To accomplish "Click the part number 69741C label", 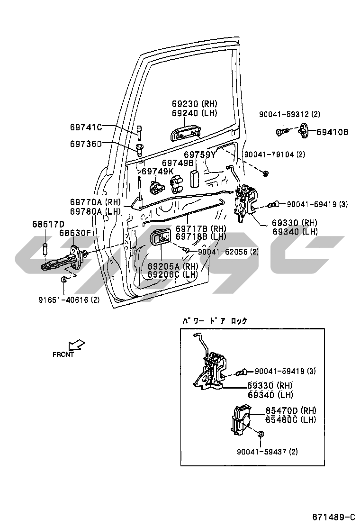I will (86, 127).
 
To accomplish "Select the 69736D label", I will (86, 143).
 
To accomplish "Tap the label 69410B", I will (332, 132).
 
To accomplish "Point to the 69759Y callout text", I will (200, 154).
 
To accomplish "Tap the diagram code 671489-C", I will (333, 516).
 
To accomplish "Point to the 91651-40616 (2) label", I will (69, 300).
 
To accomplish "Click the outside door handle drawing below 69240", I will (185, 134).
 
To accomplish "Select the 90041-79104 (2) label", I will (275, 154).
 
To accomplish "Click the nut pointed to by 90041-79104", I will (266, 174).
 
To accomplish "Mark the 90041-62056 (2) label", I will (228, 252).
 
